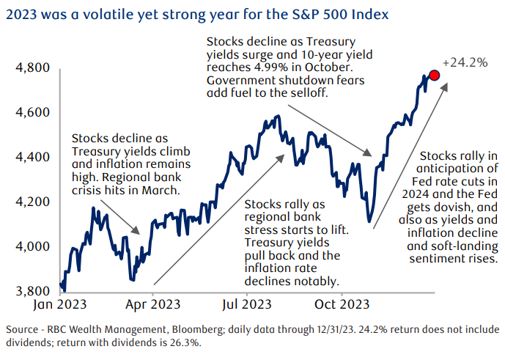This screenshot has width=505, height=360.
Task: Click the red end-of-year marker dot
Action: [435, 76]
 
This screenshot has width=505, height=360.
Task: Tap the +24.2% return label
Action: [465, 63]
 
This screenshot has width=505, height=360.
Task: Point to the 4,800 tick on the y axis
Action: [32, 68]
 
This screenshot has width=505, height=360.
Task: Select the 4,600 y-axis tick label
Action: [32, 112]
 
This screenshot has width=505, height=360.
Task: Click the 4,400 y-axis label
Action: [32, 157]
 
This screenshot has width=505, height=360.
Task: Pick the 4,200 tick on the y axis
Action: [32, 202]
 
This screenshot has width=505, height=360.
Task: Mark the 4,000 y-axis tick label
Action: [32, 246]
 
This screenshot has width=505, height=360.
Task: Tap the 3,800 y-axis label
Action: [32, 291]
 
